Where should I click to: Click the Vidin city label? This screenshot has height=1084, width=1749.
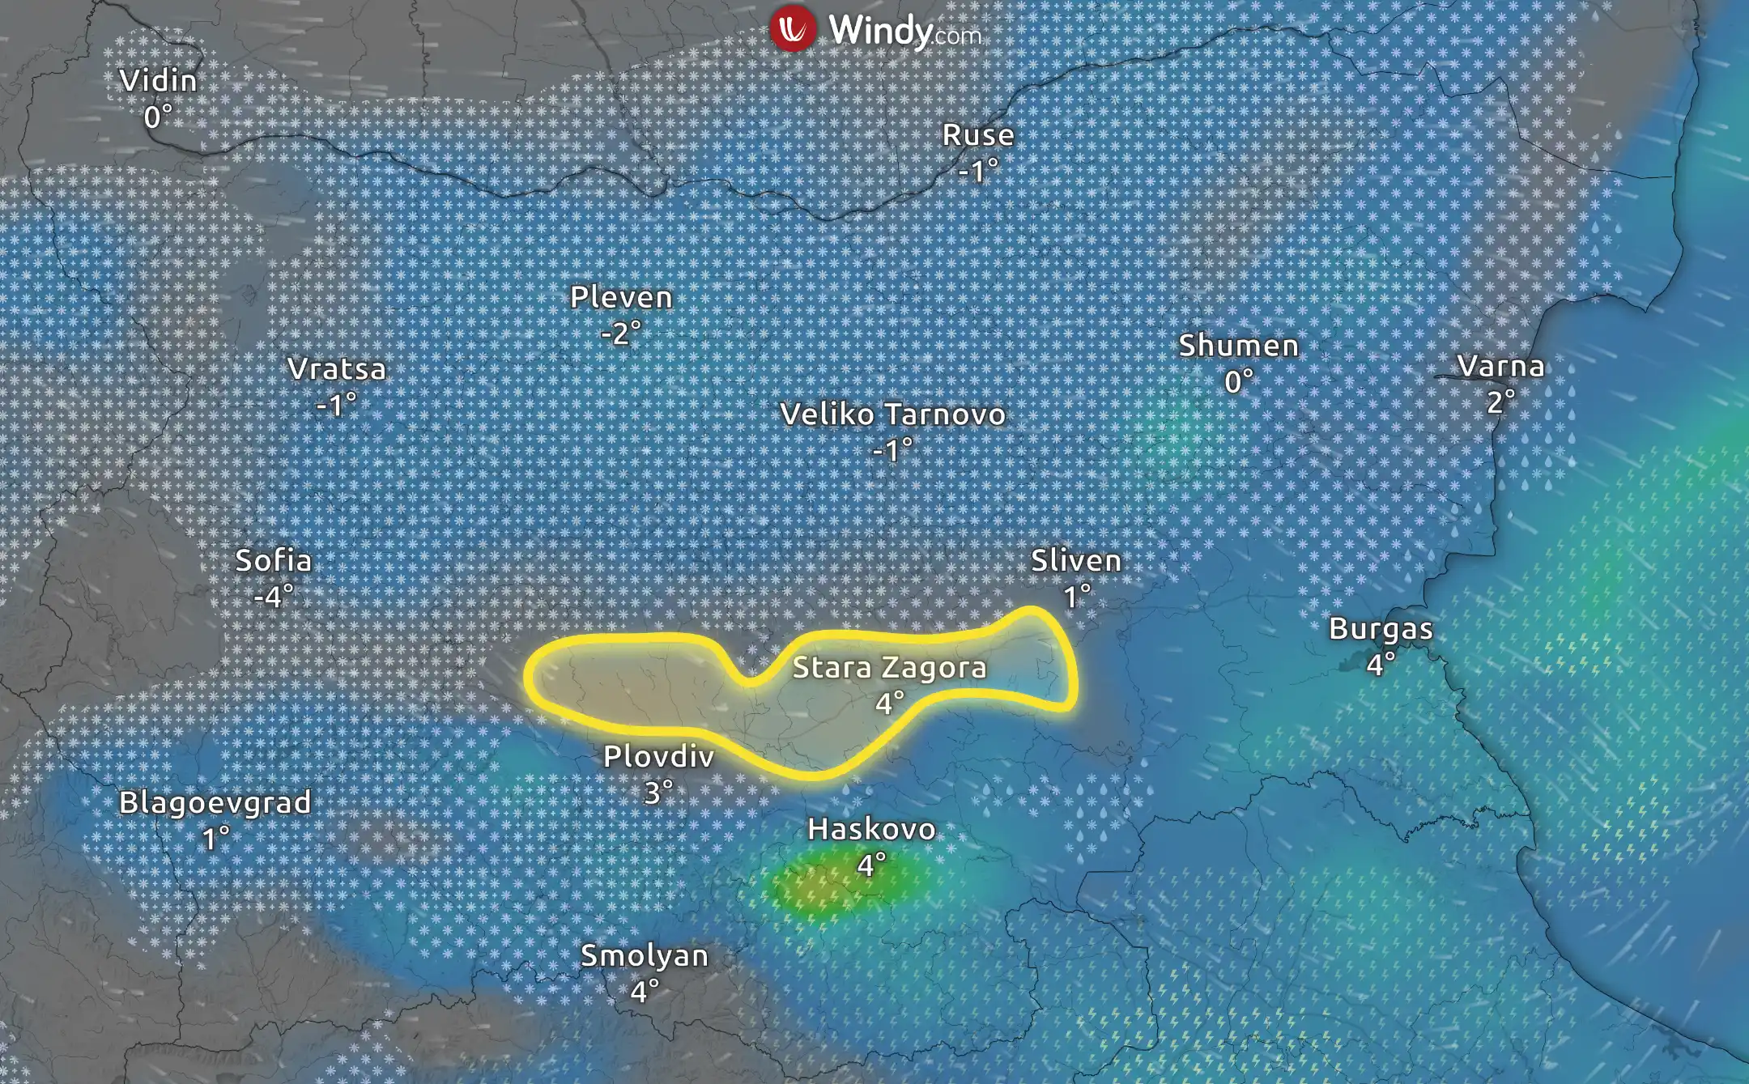click(158, 81)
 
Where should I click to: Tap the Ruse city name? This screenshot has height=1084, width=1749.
click(978, 135)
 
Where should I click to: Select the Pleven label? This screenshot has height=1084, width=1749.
click(621, 297)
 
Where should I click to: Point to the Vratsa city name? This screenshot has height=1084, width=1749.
click(337, 369)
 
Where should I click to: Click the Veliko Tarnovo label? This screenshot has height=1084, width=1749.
click(892, 414)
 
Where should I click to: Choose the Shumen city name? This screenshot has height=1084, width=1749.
click(1238, 346)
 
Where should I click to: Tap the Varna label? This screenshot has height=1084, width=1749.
click(1500, 366)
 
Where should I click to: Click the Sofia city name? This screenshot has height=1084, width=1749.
click(273, 560)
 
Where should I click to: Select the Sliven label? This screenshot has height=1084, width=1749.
click(1075, 560)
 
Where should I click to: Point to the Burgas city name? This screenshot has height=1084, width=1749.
click(1381, 629)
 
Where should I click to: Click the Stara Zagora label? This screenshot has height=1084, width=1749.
click(889, 668)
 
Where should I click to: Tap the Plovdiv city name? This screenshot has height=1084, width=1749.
click(658, 757)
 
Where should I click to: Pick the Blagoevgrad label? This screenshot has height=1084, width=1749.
click(215, 803)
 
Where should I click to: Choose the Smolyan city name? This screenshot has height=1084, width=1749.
click(645, 956)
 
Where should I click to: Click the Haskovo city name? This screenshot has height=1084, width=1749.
click(871, 829)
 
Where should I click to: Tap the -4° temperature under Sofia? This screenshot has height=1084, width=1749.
click(273, 597)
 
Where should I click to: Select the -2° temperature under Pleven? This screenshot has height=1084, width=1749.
click(621, 333)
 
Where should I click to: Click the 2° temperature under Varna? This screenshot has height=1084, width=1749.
click(1500, 402)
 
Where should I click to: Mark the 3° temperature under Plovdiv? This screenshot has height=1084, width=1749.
click(658, 793)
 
